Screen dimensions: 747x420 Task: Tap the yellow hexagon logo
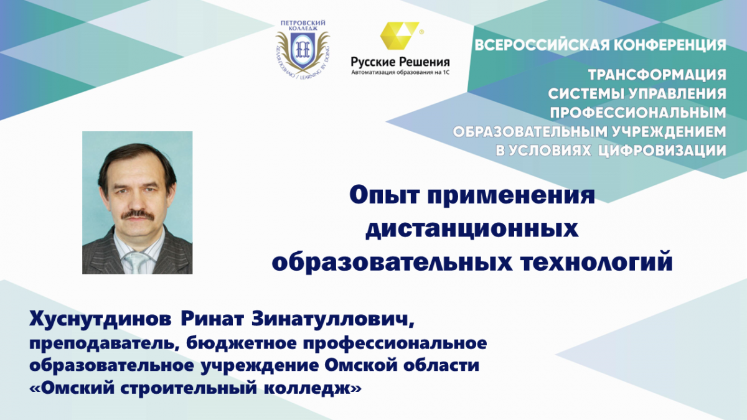coord(400,35)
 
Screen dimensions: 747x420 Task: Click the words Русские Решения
coord(400,62)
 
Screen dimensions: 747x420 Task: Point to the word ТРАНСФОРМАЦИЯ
coord(657,75)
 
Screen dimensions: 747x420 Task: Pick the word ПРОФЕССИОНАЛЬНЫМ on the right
coord(638,113)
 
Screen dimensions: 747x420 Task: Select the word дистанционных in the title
coord(472,230)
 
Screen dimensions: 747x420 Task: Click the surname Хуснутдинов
coord(100,320)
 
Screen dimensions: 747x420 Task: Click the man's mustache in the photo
coord(138,215)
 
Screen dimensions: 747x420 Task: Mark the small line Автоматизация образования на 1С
coord(400,73)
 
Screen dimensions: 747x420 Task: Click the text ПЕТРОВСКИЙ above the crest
coord(303,23)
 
